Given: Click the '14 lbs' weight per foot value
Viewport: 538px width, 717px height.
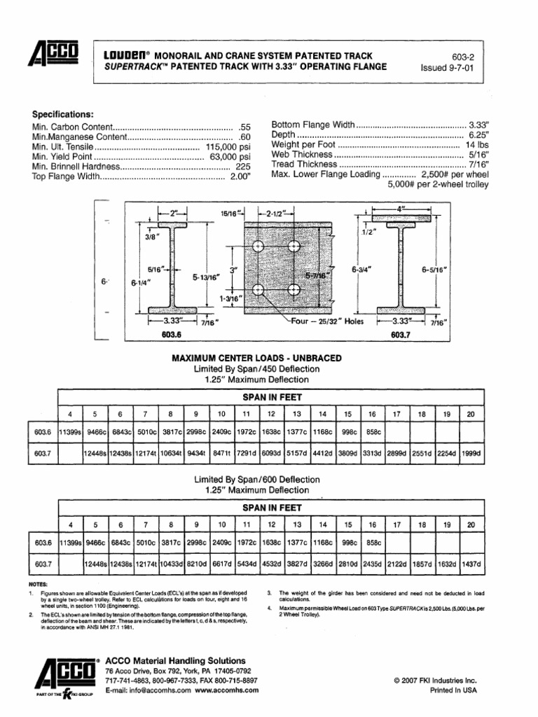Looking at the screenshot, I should (476, 144).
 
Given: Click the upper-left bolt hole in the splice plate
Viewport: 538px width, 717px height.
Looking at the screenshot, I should (257, 246).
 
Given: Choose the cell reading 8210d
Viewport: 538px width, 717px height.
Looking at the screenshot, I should (197, 564).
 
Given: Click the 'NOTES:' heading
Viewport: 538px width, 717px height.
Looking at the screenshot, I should (41, 583).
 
